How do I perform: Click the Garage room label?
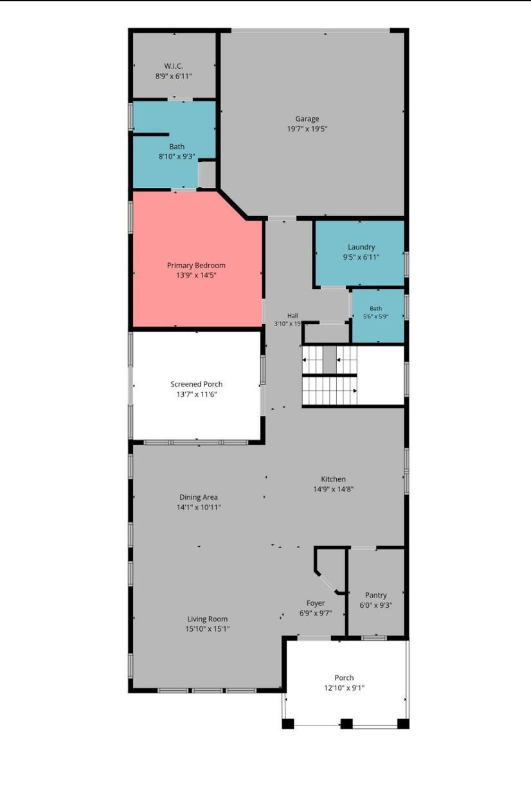307,118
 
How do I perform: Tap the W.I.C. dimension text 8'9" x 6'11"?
174,76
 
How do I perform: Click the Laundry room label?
361,247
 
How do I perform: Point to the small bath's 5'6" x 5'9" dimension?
375,316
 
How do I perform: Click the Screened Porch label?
197,384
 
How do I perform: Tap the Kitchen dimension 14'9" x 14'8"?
333,489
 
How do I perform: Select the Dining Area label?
199,497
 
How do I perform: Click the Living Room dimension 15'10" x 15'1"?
208,628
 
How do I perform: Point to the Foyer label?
316,603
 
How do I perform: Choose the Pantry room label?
375,595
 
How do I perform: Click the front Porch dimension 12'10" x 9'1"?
344,688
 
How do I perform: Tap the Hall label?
292,315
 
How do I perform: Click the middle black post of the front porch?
346,724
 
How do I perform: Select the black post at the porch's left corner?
288,724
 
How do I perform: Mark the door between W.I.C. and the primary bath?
180,99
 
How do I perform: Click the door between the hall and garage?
282,218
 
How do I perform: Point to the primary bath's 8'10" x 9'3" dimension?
177,156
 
